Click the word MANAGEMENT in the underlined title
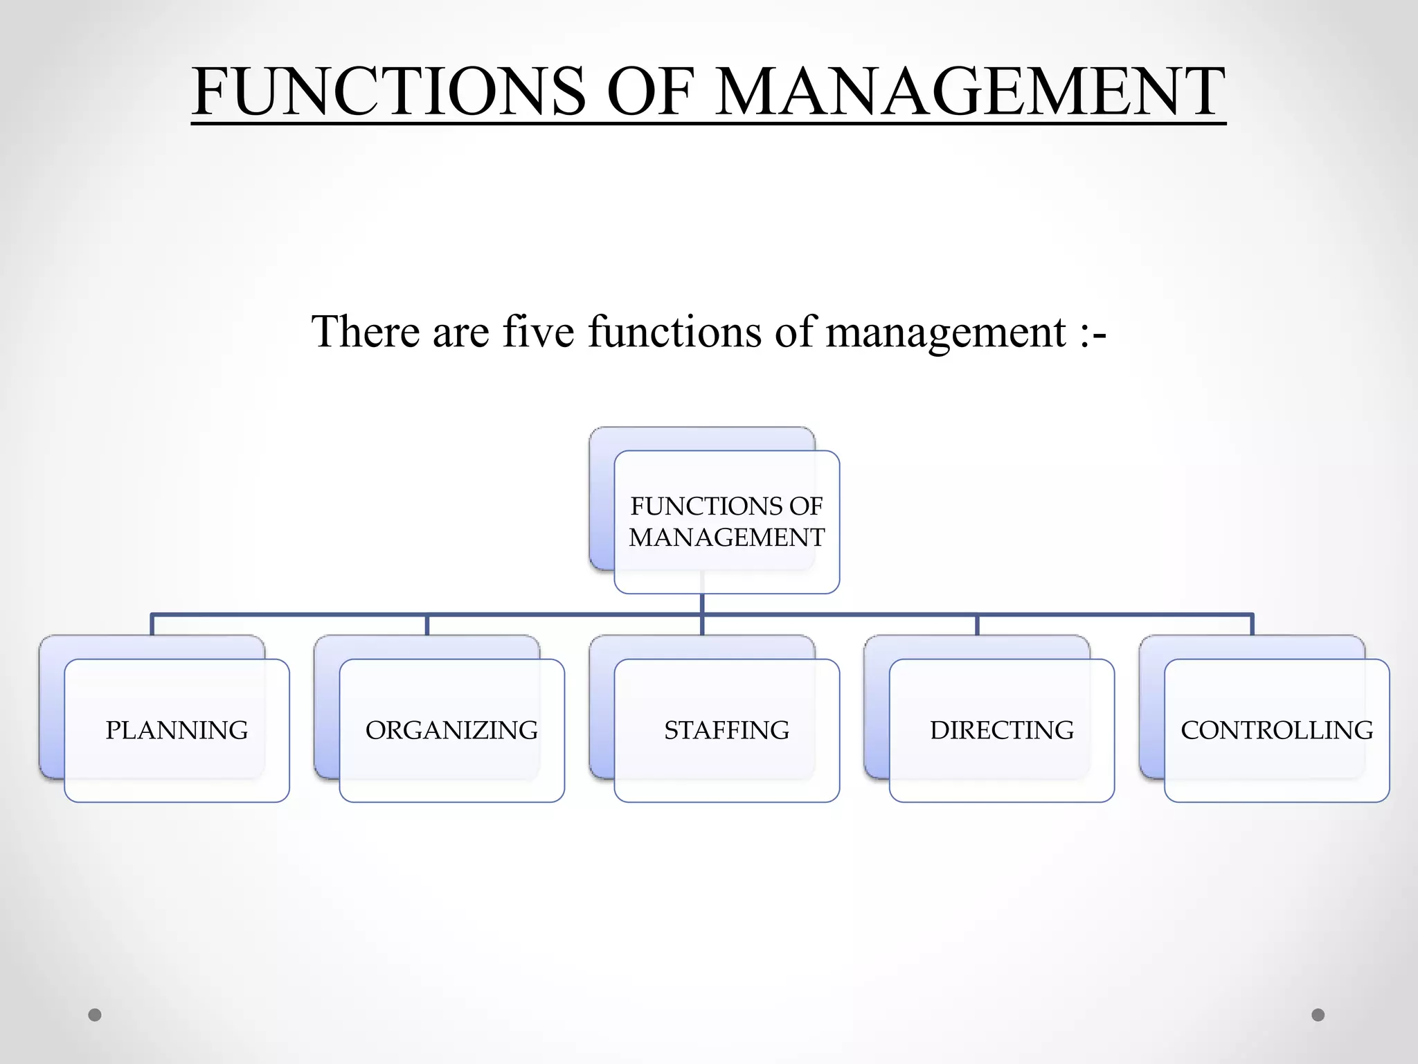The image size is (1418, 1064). point(969,91)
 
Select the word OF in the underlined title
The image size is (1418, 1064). point(650,91)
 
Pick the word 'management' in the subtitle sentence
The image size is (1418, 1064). point(946,332)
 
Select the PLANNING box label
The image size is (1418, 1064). point(177,730)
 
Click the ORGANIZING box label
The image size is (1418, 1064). point(451,730)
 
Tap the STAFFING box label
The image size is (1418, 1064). point(726,730)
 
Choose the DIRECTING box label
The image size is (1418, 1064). point(1002,730)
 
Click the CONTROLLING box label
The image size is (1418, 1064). point(1277,730)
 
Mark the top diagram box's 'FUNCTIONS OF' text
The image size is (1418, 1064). point(726,506)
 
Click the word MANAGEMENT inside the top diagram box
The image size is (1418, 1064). point(726,538)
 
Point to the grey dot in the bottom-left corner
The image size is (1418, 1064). point(95,1015)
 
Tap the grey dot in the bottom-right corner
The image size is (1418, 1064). point(1318,1015)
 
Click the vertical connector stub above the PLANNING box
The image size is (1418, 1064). point(152,625)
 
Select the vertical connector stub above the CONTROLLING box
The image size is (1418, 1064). point(1252,625)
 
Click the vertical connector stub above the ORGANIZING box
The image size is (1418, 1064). point(427,625)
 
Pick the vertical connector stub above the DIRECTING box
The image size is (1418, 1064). point(977,625)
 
